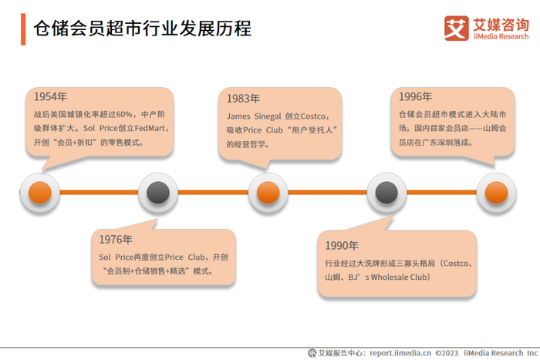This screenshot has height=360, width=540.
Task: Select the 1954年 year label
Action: point(50,96)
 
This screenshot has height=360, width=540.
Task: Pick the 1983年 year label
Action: point(243,98)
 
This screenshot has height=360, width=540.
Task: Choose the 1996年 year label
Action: point(415,96)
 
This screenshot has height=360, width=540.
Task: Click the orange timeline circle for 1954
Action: point(40,192)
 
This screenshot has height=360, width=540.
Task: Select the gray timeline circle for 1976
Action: point(158,192)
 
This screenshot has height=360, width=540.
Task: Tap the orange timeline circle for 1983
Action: point(268,192)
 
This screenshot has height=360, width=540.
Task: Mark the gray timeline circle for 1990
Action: point(386,192)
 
